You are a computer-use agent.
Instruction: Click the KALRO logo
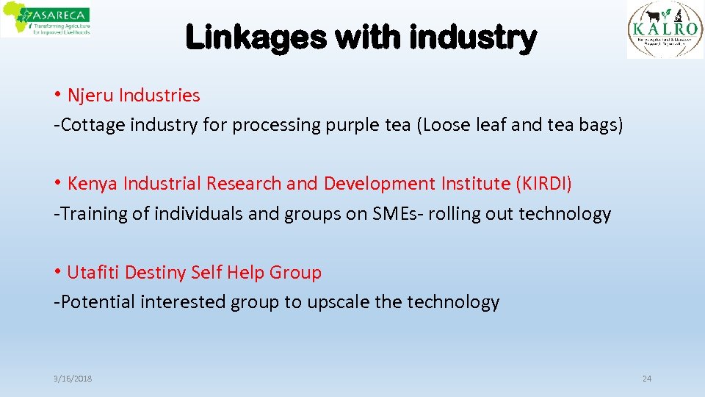tap(665, 29)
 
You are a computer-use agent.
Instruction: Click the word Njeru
tap(90, 96)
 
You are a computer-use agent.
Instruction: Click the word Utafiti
tap(93, 273)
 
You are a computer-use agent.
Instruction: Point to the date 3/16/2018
tap(73, 379)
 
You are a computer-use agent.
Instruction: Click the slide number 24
tap(646, 379)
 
